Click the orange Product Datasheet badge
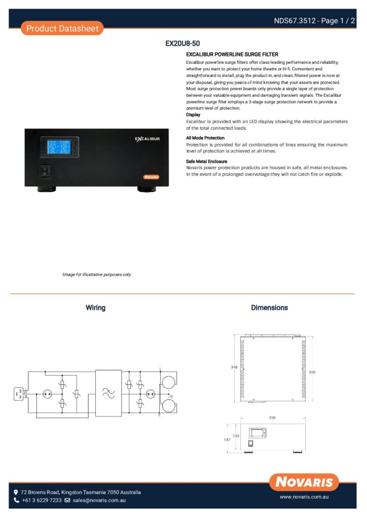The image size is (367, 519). click(62, 28)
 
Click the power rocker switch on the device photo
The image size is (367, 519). click(45, 170)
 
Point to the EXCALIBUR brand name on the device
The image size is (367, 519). click(148, 138)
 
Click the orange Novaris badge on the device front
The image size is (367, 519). click(151, 177)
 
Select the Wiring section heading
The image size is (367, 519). click(95, 308)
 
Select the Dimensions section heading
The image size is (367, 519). click(269, 308)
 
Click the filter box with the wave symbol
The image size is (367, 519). click(108, 393)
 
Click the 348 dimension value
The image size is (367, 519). click(234, 366)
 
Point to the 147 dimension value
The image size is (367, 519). click(227, 439)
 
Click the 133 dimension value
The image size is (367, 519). click(236, 435)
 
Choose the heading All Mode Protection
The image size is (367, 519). click(205, 138)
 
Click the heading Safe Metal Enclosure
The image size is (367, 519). click(206, 161)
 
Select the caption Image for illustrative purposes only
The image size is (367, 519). click(96, 274)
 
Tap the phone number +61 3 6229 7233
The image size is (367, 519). click(41, 500)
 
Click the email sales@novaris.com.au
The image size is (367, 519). click(98, 500)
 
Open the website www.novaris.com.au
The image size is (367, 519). click(304, 497)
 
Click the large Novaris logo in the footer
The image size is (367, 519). click(304, 481)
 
